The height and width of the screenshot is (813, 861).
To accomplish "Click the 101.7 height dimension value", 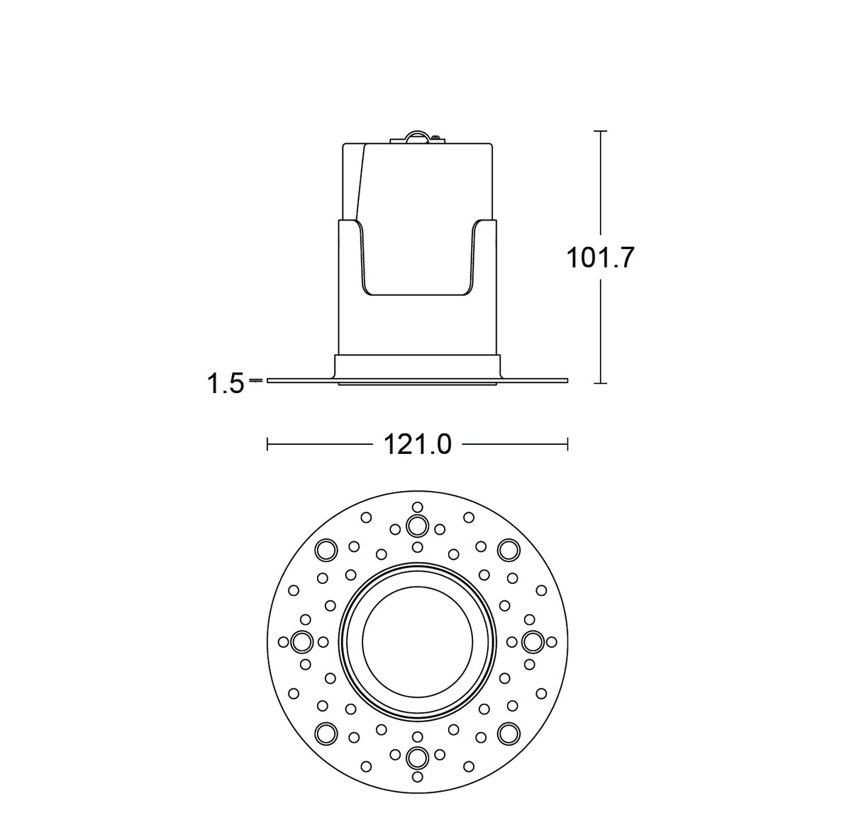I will (599, 258).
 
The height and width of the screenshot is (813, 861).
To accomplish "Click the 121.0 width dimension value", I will (417, 445).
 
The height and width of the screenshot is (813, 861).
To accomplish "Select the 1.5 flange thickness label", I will (225, 385).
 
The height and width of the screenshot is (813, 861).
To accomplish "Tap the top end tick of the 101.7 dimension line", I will (601, 131).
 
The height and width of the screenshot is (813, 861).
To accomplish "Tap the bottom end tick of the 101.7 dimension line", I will (601, 383).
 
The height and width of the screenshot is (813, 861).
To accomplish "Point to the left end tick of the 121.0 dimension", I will (267, 445).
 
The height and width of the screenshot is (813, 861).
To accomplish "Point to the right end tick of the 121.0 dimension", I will (567, 445).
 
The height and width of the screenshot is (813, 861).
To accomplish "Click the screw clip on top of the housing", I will (416, 137).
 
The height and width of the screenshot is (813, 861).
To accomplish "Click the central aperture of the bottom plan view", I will (417, 641).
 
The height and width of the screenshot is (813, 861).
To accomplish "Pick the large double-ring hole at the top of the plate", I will (417, 526).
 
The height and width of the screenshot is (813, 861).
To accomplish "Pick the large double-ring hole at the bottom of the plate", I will (417, 757).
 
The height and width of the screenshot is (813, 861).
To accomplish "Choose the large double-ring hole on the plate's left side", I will (302, 641).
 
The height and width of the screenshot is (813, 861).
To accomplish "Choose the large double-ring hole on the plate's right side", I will (532, 641).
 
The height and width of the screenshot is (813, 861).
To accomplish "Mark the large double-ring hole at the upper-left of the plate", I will (326, 549).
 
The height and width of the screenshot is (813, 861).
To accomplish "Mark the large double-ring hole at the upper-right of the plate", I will (508, 549).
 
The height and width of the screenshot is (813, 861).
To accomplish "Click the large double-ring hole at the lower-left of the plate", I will (326, 733).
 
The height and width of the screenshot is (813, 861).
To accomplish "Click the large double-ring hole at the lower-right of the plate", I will (508, 733).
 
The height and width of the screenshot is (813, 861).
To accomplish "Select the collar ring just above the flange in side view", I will (417, 365).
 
